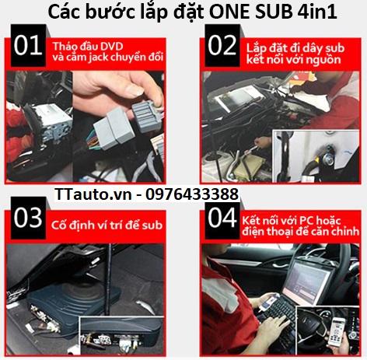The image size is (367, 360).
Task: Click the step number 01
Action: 28,46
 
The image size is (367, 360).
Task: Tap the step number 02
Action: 222,46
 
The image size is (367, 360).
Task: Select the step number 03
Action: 28,218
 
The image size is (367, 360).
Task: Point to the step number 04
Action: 222,218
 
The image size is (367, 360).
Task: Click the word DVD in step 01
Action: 108,47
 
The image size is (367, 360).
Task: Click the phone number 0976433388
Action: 192,194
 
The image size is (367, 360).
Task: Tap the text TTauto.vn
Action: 93,194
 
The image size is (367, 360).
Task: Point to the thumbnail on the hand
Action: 134,90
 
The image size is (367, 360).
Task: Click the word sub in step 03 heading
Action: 152,225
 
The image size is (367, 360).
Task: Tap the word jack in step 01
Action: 99,58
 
